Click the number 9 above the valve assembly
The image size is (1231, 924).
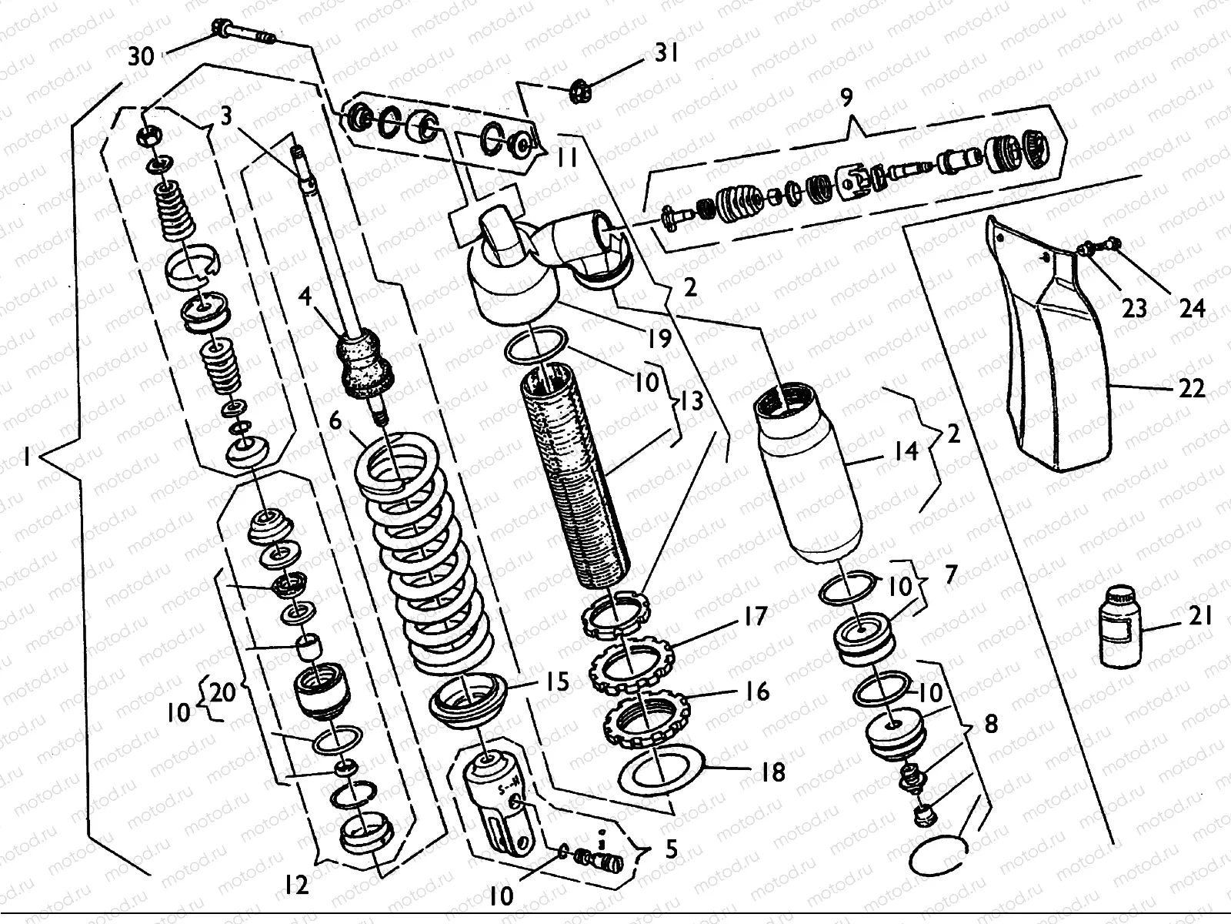[x=847, y=99]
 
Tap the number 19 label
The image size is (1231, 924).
[x=659, y=339]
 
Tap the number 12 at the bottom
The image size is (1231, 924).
[x=294, y=885]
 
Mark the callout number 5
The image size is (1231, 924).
[x=671, y=850]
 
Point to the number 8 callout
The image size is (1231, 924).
[x=991, y=725]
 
